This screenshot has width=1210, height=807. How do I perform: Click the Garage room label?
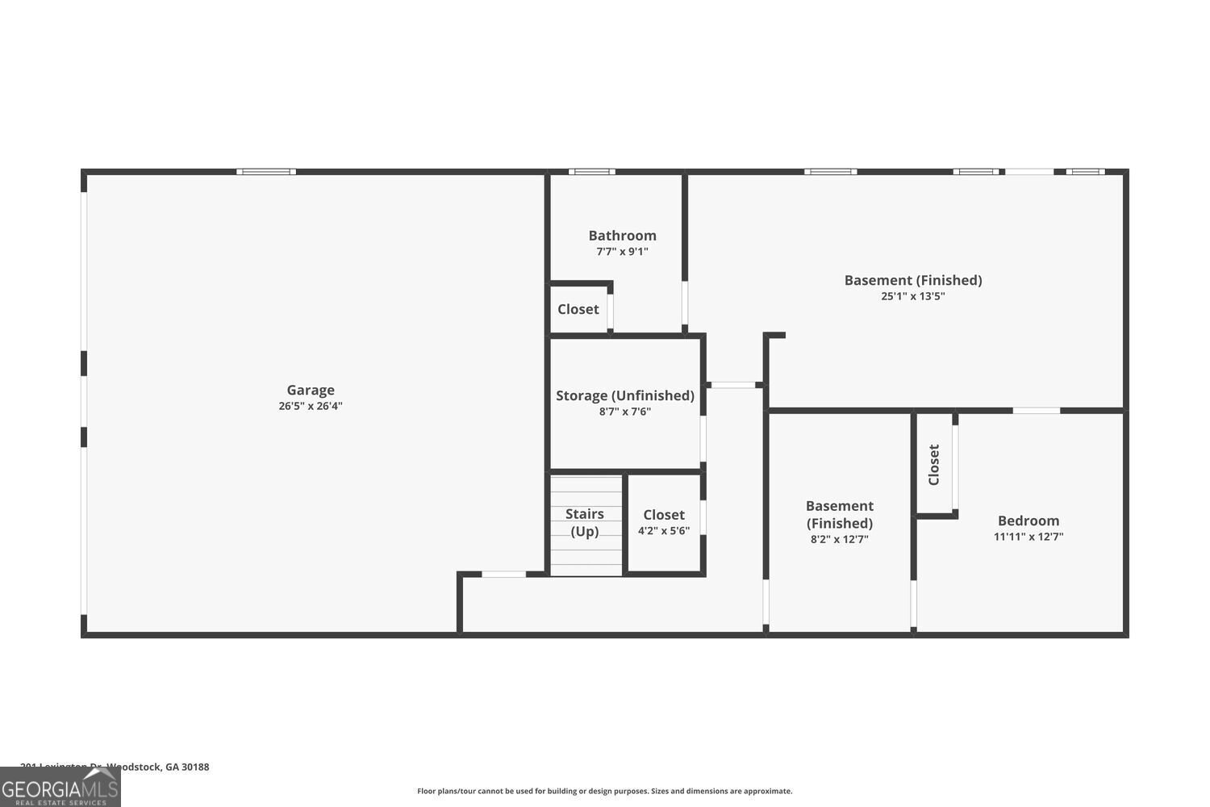[x=311, y=390]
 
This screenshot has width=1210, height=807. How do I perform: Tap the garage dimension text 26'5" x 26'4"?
[x=311, y=406]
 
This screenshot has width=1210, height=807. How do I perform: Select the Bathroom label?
[x=622, y=236]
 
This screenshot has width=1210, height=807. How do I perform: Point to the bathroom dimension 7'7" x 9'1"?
[x=622, y=252]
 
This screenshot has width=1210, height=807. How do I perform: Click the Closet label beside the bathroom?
[x=578, y=309]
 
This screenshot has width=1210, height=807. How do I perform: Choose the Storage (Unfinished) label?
[x=624, y=395]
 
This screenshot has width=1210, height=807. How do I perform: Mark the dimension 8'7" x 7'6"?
[x=624, y=412]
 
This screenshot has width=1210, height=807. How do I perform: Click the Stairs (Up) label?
[x=585, y=522]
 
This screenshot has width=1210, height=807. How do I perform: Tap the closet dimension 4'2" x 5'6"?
[x=664, y=531]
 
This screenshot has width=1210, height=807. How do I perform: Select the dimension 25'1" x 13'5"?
[x=912, y=296]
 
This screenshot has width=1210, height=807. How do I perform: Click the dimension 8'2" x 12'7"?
[x=839, y=539]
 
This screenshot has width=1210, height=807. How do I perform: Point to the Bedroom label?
[x=1028, y=521]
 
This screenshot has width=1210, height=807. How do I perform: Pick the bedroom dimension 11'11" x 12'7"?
[x=1028, y=537]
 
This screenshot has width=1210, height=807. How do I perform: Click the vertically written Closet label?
[x=934, y=465]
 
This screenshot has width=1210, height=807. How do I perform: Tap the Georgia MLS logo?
[x=60, y=787]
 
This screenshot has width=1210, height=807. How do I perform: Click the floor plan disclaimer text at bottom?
[x=604, y=791]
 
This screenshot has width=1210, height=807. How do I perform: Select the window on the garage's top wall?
[x=266, y=172]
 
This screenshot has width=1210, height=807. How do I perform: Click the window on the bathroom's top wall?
[x=591, y=172]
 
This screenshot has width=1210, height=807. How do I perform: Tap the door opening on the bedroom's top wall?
[x=1036, y=411]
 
